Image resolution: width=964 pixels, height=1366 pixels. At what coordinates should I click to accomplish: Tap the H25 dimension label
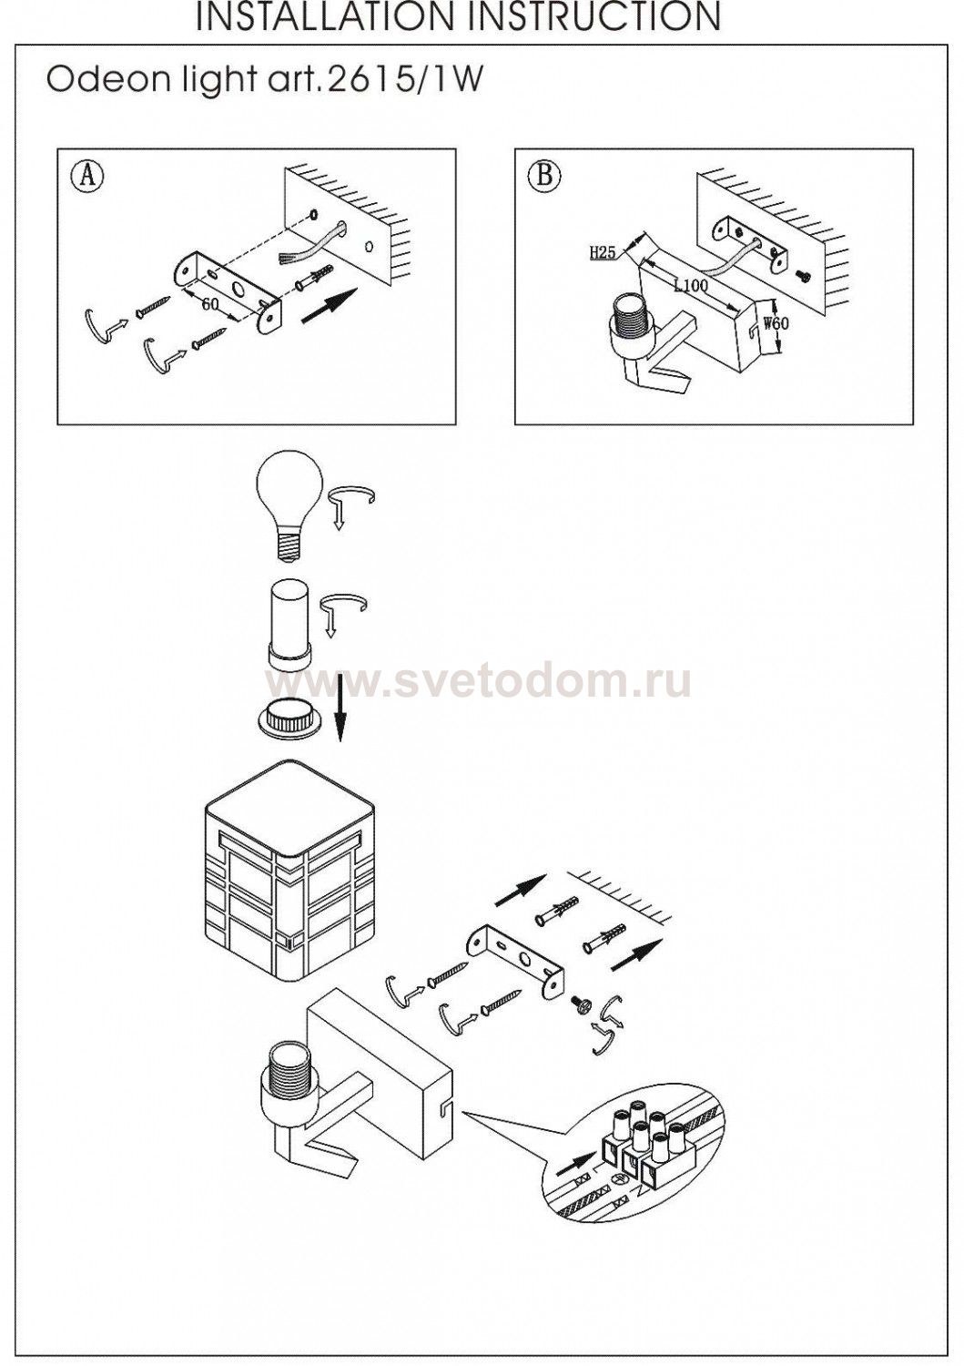click(603, 252)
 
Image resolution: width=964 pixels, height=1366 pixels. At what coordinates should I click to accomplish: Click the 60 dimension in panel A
click(209, 303)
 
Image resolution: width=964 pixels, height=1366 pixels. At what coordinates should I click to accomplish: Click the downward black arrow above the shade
click(340, 708)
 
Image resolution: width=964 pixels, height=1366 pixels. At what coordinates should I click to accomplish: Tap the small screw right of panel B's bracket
click(805, 276)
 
